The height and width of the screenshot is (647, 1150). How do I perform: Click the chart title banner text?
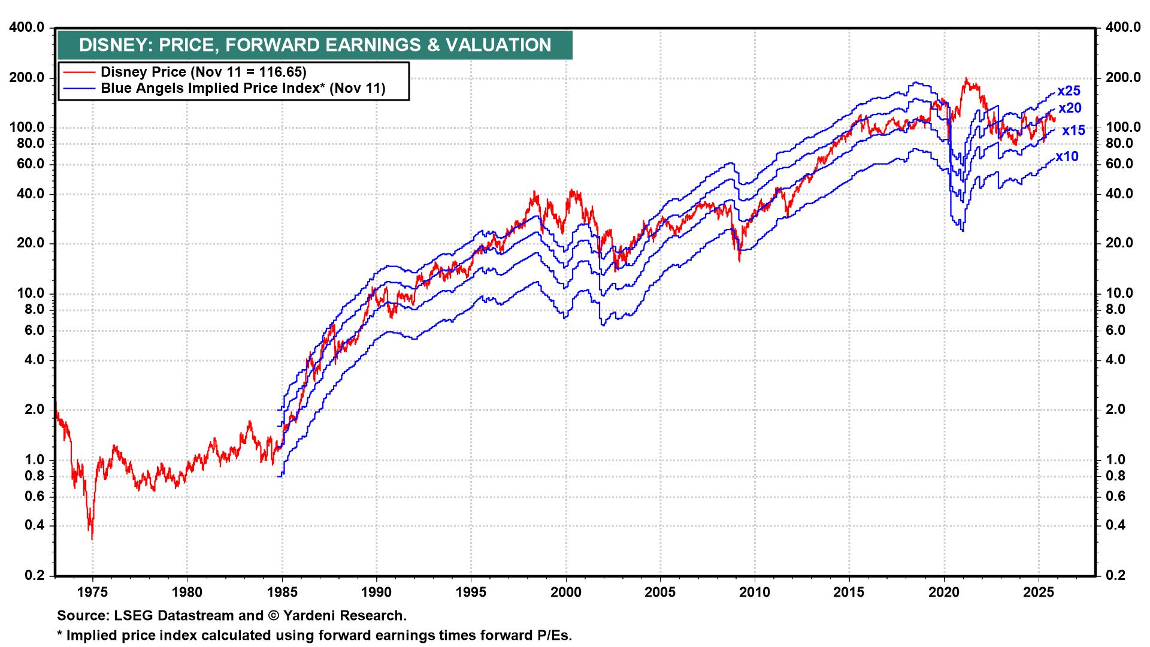pyautogui.click(x=315, y=46)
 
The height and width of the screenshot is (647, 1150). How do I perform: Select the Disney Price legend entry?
pyautogui.click(x=203, y=72)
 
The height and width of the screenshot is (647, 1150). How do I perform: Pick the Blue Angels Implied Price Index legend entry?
pyautogui.click(x=243, y=89)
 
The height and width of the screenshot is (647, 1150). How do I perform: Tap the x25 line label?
pyautogui.click(x=1069, y=91)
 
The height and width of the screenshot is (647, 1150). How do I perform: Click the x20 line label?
pyautogui.click(x=1070, y=108)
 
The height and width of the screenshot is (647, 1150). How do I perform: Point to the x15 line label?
pyautogui.click(x=1073, y=131)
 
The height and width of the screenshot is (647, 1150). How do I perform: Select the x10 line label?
pyautogui.click(x=1067, y=157)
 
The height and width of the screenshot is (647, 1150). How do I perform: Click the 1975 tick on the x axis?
pyautogui.click(x=93, y=592)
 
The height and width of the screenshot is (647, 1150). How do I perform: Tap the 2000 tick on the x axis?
pyautogui.click(x=566, y=592)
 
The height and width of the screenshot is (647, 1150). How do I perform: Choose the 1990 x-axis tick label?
pyautogui.click(x=377, y=592)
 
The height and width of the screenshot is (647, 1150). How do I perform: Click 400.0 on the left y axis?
pyautogui.click(x=28, y=28)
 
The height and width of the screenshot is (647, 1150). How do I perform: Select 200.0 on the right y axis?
pyautogui.click(x=1119, y=78)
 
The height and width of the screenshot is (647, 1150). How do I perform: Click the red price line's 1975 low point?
pyautogui.click(x=92, y=539)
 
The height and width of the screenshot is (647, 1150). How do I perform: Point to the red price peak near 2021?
pyautogui.click(x=966, y=78)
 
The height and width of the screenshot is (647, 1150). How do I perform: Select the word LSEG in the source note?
pyautogui.click(x=126, y=615)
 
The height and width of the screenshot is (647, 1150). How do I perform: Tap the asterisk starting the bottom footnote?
pyautogui.click(x=60, y=634)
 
